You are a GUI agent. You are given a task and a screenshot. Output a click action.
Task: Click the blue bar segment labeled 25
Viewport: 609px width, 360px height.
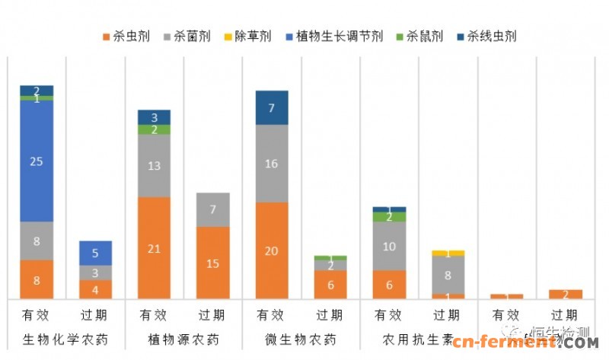tap(37, 161)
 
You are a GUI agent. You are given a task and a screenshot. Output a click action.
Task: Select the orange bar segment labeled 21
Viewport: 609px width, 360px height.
tap(154, 248)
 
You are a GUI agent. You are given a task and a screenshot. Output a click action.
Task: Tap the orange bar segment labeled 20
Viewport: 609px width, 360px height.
tap(272, 250)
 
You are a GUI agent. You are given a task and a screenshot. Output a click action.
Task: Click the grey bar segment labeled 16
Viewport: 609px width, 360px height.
tap(272, 164)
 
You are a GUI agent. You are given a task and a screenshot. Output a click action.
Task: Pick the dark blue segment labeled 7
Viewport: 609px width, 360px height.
tap(272, 107)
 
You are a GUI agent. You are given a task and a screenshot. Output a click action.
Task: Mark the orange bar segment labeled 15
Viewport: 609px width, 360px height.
tap(213, 263)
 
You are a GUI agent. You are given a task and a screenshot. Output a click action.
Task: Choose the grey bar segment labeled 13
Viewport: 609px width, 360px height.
tap(154, 166)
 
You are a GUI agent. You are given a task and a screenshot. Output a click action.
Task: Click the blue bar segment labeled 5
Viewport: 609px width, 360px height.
tap(95, 253)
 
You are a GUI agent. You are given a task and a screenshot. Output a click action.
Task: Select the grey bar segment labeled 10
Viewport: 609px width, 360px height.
tap(389, 246)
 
